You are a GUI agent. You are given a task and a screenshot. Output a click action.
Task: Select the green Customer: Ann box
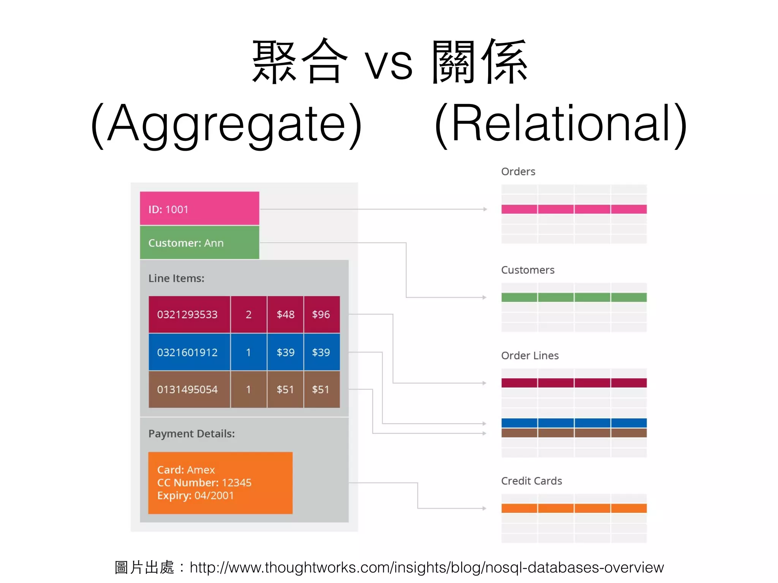click(x=199, y=243)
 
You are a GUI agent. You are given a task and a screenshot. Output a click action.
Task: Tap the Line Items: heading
click(x=176, y=278)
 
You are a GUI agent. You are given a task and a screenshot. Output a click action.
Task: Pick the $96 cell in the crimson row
click(x=321, y=314)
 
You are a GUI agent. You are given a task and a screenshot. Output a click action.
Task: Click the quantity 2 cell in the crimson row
click(x=248, y=314)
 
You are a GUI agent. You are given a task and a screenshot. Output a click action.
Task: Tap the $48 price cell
click(x=285, y=314)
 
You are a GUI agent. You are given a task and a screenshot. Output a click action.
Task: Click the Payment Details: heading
click(x=191, y=433)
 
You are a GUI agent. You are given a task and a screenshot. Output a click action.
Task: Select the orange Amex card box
click(x=220, y=483)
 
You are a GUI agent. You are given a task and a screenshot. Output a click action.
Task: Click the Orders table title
click(x=518, y=172)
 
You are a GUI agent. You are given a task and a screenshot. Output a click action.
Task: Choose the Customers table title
click(x=528, y=270)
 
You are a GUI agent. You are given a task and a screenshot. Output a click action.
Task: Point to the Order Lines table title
click(x=530, y=356)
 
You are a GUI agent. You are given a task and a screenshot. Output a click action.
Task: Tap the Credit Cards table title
click(x=531, y=481)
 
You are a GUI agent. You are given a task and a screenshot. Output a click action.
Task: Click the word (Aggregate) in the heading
click(x=227, y=123)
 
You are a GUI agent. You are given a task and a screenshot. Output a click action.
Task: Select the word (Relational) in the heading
click(x=561, y=123)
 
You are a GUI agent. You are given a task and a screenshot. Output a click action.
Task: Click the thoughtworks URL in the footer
click(x=427, y=567)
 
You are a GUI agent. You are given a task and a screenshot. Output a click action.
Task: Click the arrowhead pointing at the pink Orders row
click(x=485, y=209)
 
